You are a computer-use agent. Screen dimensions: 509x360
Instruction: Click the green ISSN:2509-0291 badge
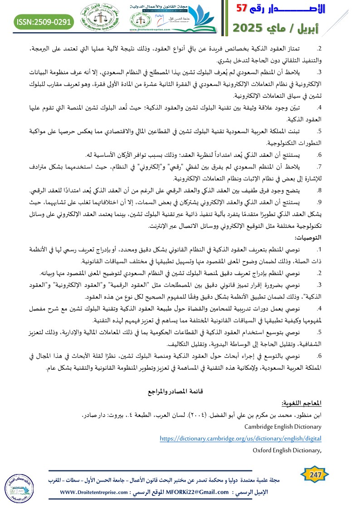tap(44, 21)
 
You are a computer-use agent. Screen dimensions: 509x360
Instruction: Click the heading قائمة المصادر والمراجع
tap(181, 390)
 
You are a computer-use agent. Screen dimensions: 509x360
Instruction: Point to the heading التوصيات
tap(308, 238)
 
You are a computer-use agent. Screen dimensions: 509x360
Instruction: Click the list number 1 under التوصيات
tap(319, 249)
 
